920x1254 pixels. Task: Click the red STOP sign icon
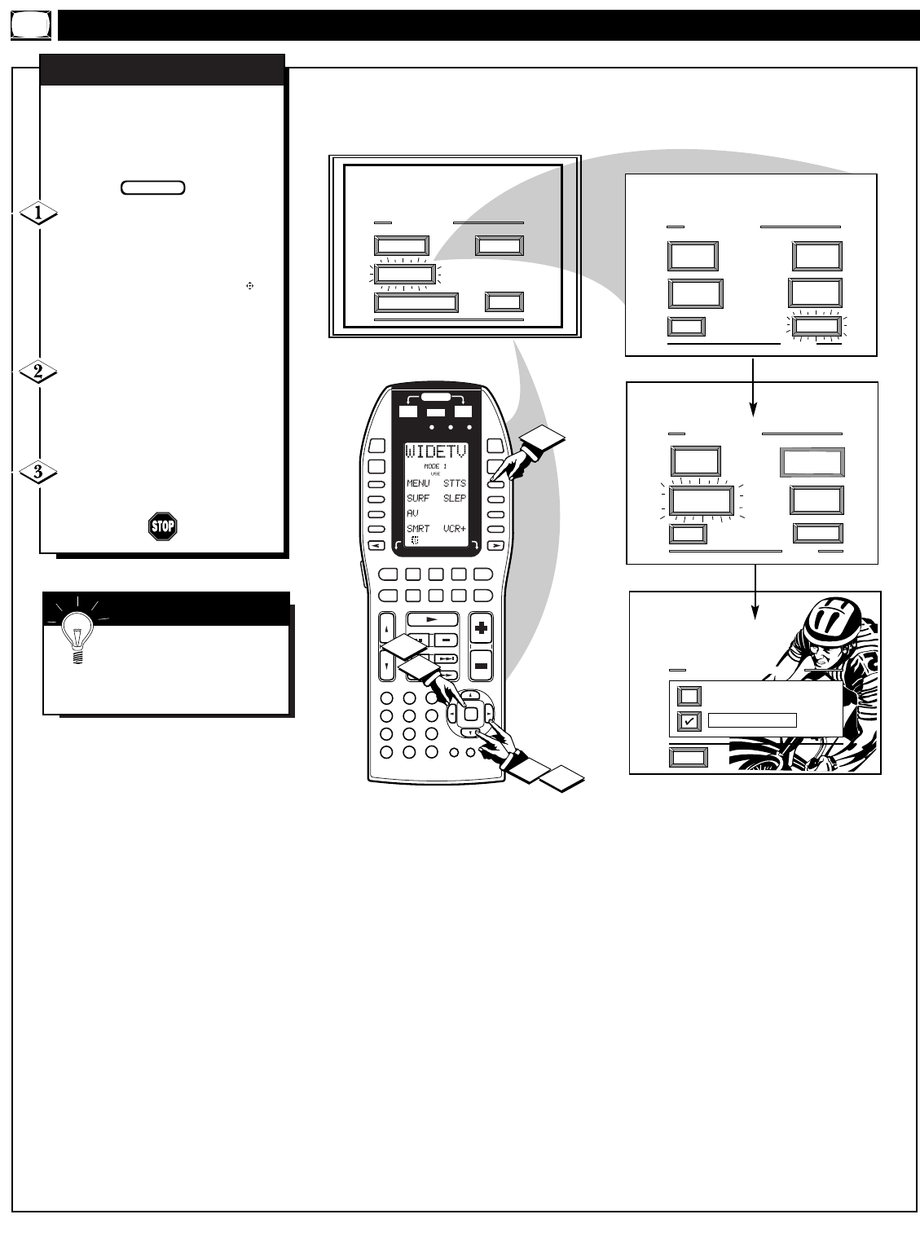click(x=162, y=526)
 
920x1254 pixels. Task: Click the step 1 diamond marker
click(x=39, y=213)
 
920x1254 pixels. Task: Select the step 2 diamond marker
click(x=39, y=372)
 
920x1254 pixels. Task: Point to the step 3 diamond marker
click(x=39, y=472)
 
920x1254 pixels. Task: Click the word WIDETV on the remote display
click(x=435, y=453)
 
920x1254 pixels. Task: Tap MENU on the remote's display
click(x=418, y=483)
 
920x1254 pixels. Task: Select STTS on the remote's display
click(x=454, y=483)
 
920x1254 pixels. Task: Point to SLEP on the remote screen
click(x=454, y=499)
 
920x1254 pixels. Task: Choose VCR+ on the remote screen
click(x=454, y=529)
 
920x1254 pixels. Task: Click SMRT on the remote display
click(x=418, y=529)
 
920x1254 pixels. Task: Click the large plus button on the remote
click(x=481, y=628)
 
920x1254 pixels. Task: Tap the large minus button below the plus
click(x=481, y=666)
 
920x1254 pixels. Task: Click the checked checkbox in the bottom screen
click(x=689, y=720)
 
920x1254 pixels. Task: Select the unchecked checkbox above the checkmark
click(x=689, y=696)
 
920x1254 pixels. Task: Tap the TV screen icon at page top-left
click(x=31, y=26)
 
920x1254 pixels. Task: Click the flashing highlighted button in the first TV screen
click(x=402, y=275)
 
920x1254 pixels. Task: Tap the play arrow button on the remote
click(x=432, y=619)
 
